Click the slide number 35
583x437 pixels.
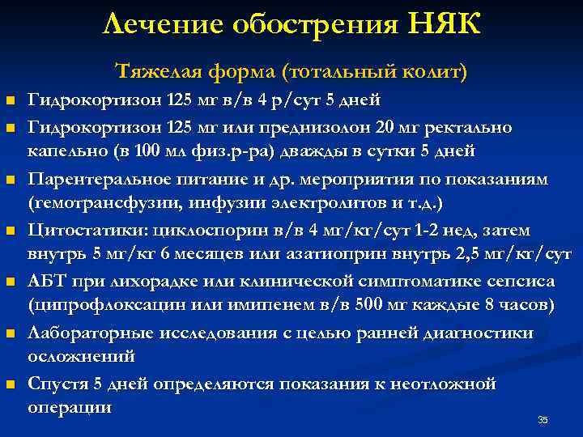(543, 419)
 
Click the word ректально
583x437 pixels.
(459, 128)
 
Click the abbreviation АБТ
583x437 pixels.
(45, 281)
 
